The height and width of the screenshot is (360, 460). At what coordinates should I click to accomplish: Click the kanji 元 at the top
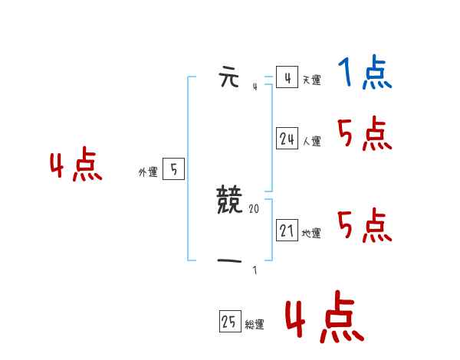(x=229, y=78)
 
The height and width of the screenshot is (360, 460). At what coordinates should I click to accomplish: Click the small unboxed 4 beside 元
(x=255, y=87)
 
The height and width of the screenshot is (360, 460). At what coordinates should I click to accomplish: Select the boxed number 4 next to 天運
(x=287, y=77)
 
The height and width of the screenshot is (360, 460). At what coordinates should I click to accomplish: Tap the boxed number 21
(x=287, y=230)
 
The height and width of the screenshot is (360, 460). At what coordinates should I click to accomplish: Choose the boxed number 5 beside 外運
(x=173, y=169)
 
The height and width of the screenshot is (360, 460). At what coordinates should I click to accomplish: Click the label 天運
(x=311, y=80)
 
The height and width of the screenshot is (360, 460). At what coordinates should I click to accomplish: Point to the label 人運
(x=311, y=141)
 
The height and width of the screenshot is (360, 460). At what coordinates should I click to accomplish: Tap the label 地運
(x=311, y=233)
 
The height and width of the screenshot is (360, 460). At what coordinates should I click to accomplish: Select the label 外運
(x=148, y=173)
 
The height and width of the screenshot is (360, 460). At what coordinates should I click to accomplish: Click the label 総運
(x=255, y=325)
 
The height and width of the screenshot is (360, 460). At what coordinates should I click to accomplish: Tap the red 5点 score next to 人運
(x=364, y=135)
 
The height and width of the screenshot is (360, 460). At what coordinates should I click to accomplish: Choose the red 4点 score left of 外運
(x=76, y=167)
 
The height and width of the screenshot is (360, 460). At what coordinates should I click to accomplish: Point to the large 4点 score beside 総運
(x=324, y=319)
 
